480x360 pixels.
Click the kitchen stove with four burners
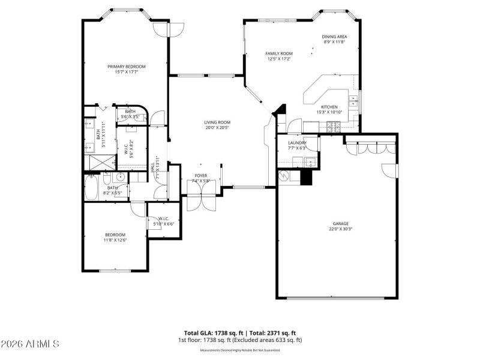tap(334, 127)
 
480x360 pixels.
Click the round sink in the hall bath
tap(120, 177)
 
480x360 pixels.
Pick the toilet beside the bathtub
tap(107, 179)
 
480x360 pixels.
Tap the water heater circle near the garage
tap(284, 176)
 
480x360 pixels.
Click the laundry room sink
tap(310, 161)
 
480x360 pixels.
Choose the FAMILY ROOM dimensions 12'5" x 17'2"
tap(279, 59)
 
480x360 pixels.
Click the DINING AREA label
tap(334, 37)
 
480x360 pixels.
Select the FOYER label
tap(200, 176)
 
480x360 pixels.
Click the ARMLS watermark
tap(30, 344)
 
